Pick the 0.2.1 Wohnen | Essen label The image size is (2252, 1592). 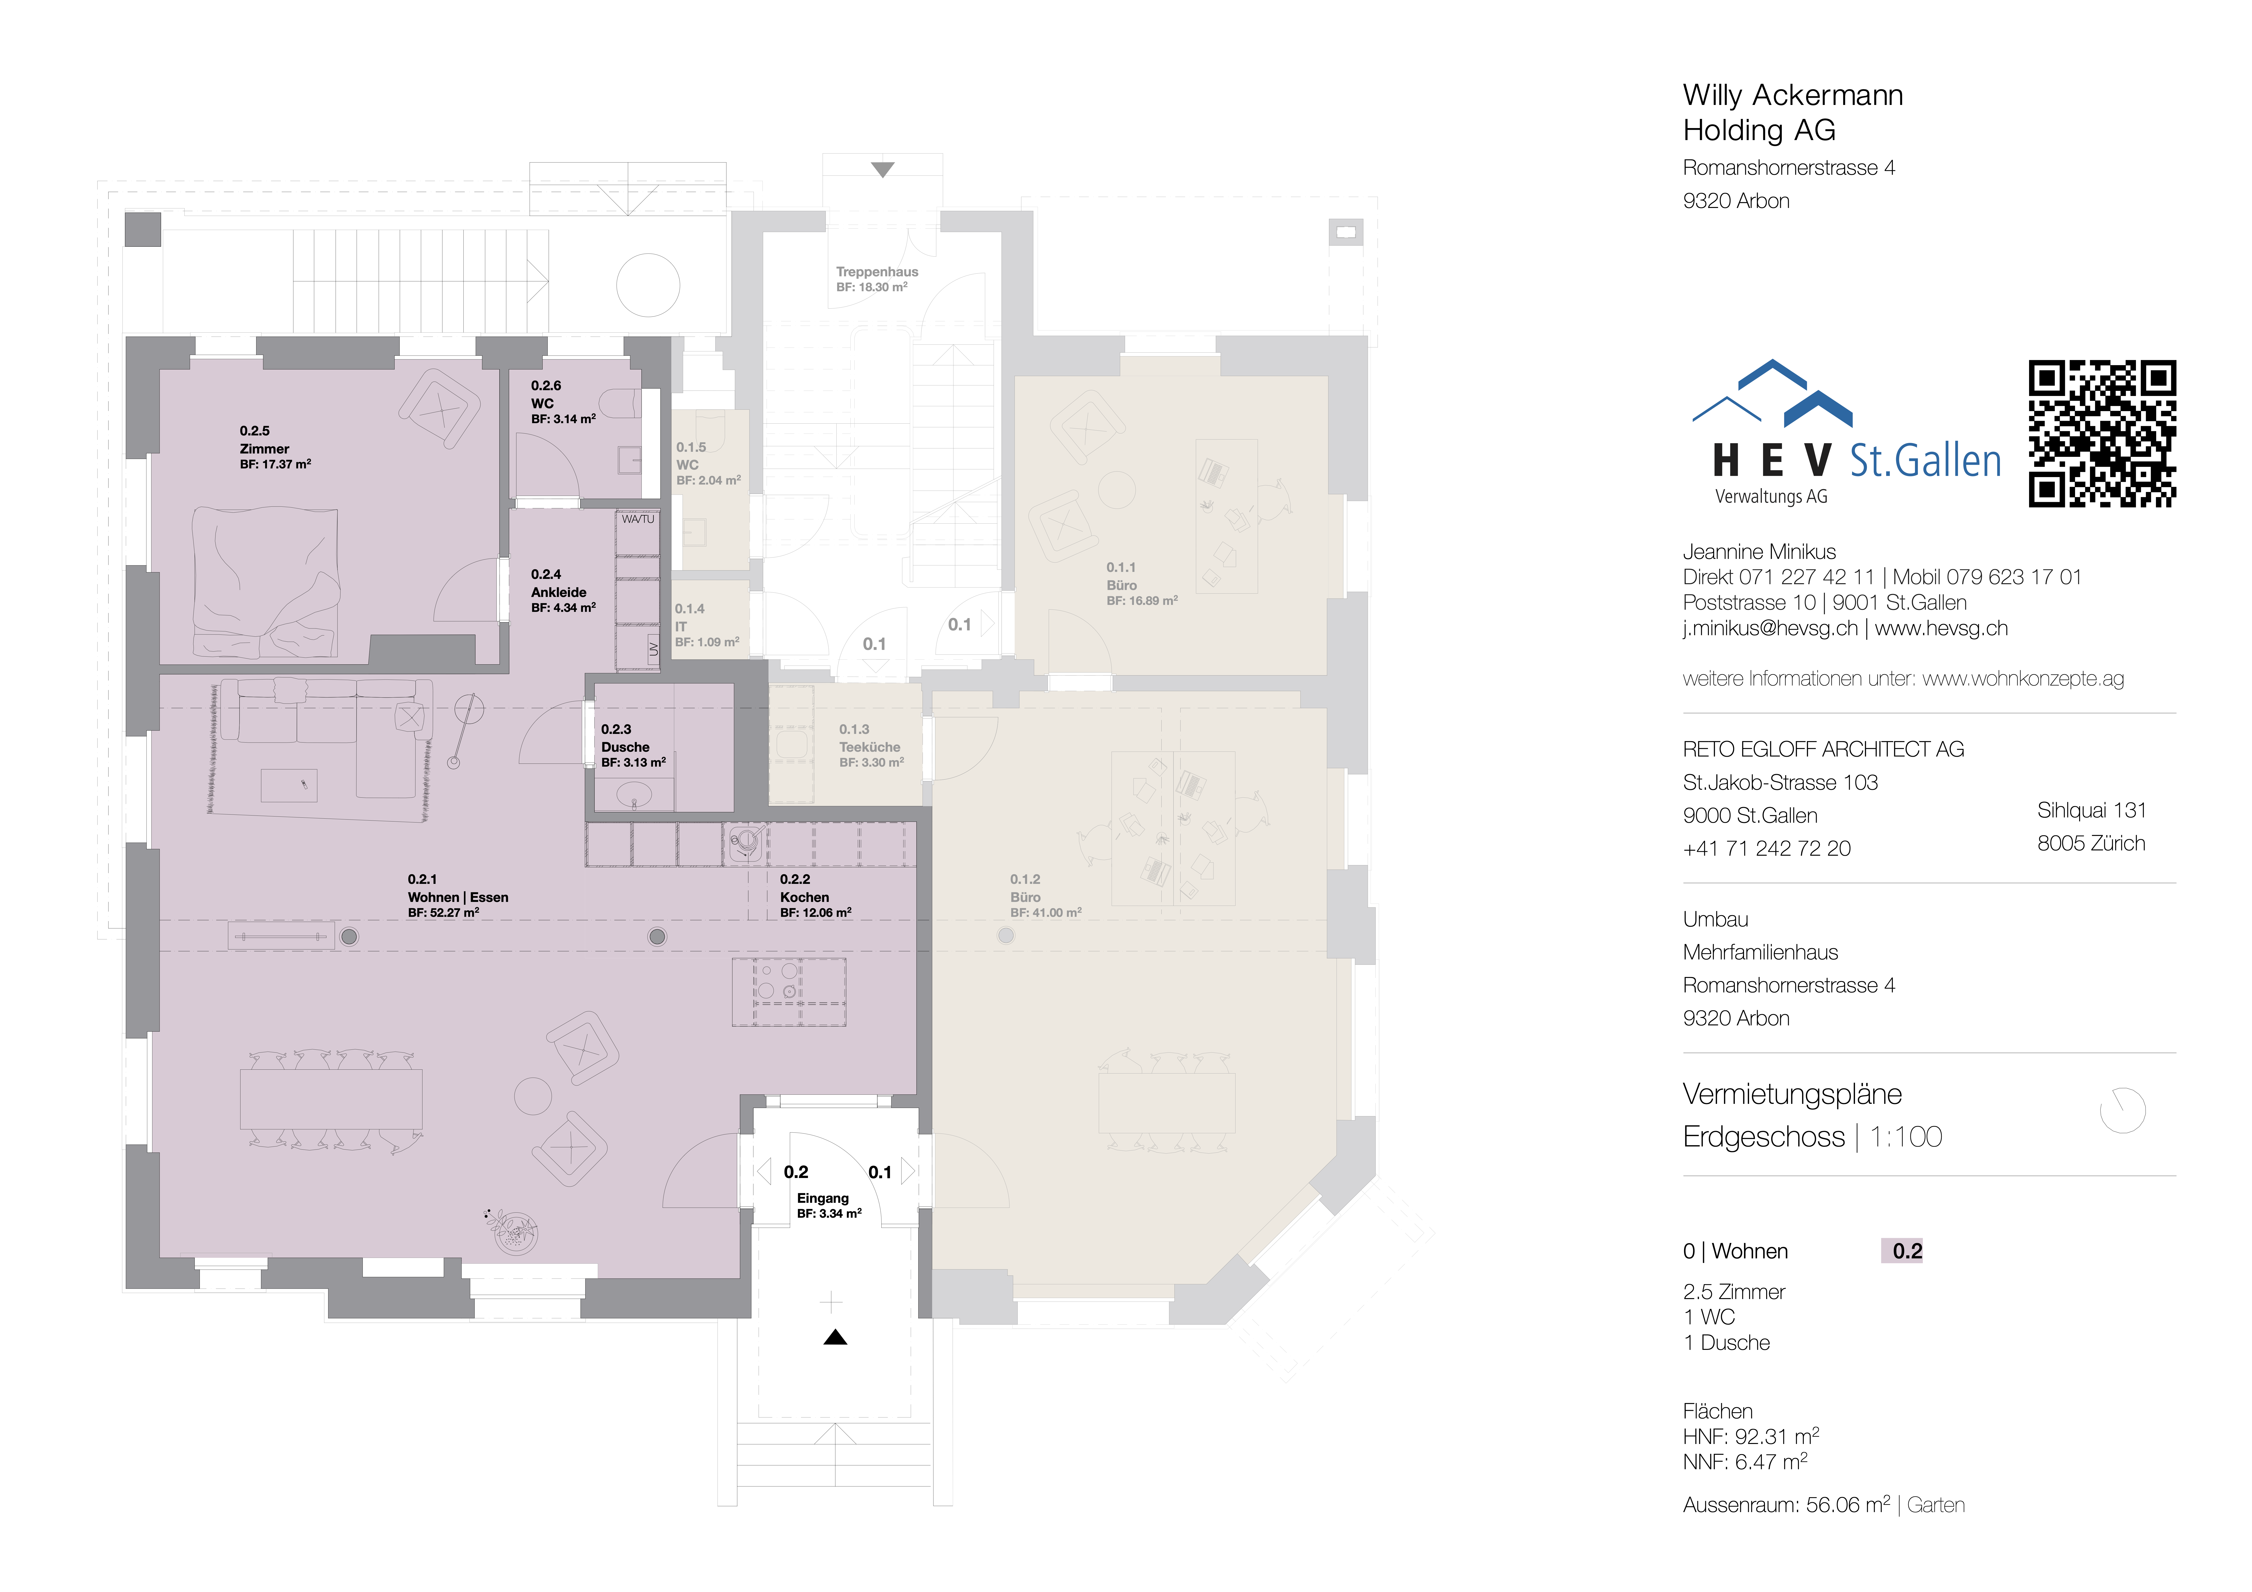tap(457, 896)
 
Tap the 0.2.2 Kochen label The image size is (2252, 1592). tap(814, 896)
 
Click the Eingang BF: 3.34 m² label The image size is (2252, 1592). tap(828, 1205)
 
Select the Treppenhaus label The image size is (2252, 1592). tap(876, 278)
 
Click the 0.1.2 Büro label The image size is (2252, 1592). tap(1045, 896)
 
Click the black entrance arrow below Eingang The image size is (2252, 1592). tap(835, 1337)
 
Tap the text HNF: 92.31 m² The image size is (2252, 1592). tap(1750, 1436)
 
